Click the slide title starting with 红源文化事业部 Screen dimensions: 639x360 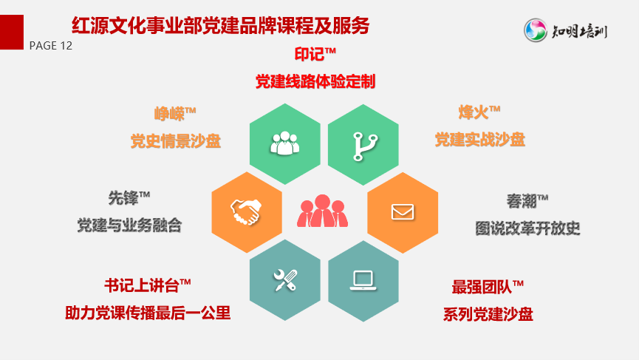coord(220,26)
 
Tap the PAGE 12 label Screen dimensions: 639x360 coord(51,46)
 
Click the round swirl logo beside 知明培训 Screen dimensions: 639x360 coord(535,30)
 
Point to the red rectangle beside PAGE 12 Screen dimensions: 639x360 coord(12,33)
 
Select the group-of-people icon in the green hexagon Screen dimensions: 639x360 coord(285,143)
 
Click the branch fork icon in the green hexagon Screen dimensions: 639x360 coord(364,146)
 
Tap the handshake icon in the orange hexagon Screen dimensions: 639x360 coord(246,211)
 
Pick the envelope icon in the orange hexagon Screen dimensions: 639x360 coord(403,212)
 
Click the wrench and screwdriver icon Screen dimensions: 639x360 coord(285,280)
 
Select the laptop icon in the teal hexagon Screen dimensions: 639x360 coord(363,281)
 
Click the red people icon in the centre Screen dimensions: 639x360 coord(322,211)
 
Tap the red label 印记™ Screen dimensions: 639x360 coord(315,54)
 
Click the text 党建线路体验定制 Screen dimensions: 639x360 coord(315,81)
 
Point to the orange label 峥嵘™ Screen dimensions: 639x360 coord(175,113)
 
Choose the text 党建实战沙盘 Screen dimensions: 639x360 coord(479,140)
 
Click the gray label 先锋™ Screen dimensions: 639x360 coord(129,198)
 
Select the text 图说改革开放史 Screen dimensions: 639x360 coord(527,228)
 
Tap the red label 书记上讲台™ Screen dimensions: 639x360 coord(148,285)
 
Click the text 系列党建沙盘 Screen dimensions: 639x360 coord(488,314)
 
